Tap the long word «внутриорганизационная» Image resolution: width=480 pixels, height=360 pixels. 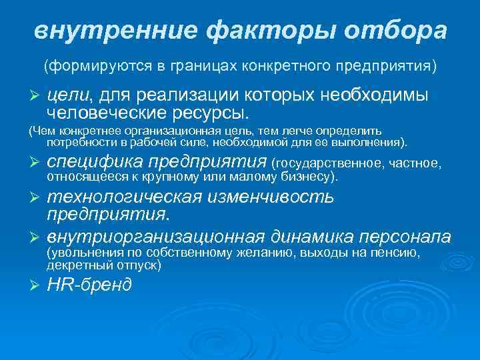pyautogui.click(x=157, y=237)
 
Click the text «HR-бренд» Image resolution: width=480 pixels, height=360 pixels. pyautogui.click(x=89, y=285)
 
